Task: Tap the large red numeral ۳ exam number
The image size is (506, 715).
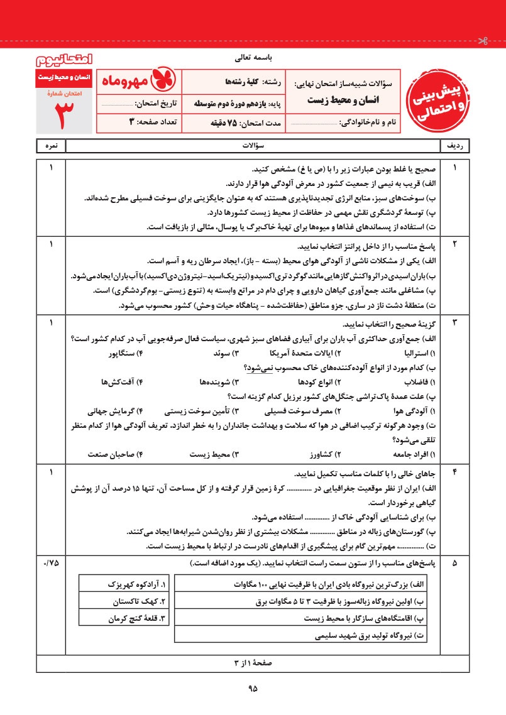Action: coord(64,112)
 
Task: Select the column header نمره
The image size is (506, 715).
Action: coord(51,146)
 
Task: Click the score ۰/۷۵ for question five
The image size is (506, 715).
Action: coord(51,563)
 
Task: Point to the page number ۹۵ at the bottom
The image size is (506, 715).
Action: coord(253,689)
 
